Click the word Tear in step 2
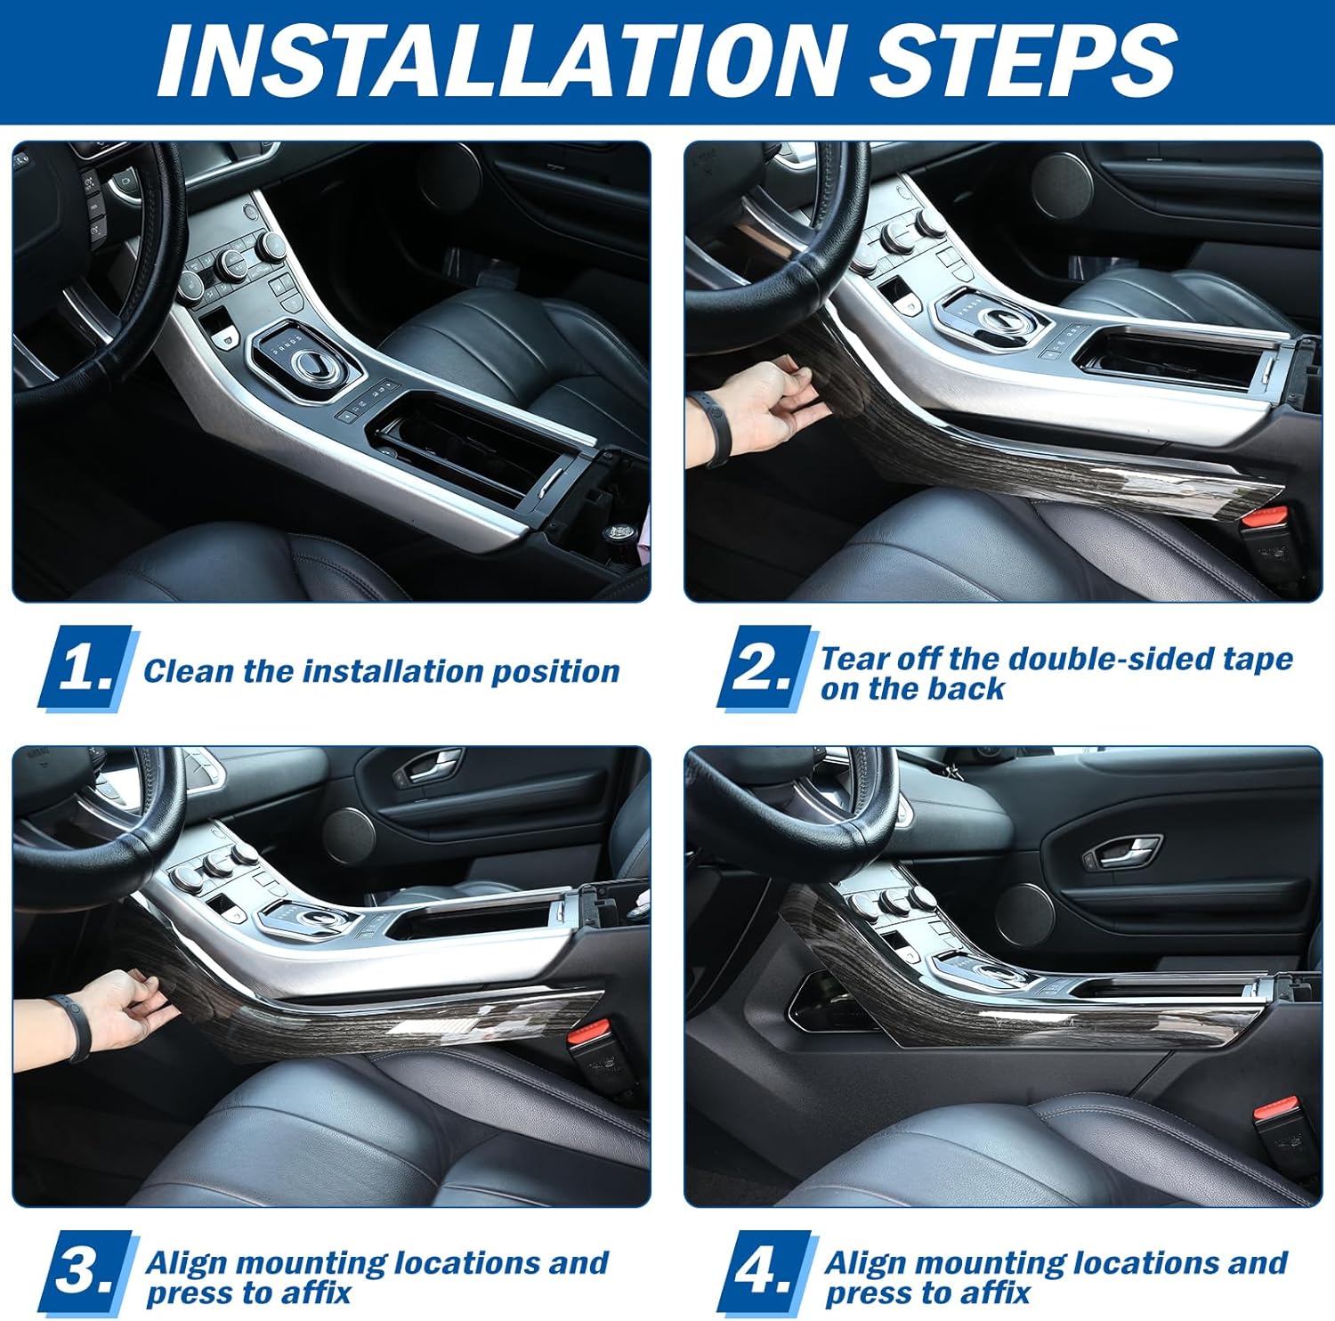(855, 659)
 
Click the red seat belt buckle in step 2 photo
(1265, 518)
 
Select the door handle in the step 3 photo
(426, 766)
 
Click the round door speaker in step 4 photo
(1023, 915)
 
